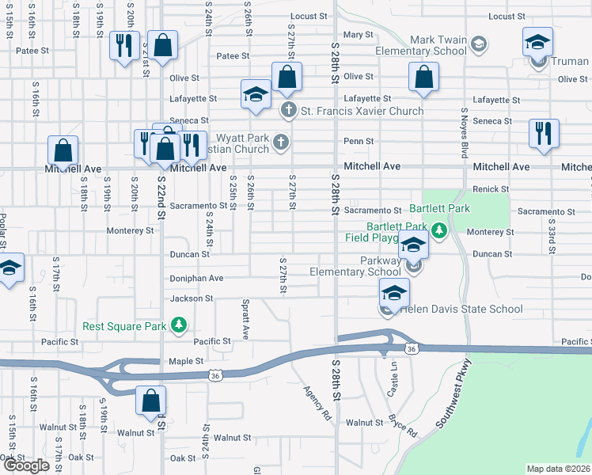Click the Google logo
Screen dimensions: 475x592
click(25, 465)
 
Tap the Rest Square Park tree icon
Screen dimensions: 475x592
click(180, 325)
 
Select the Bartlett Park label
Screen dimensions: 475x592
click(439, 209)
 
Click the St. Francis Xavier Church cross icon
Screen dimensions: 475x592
click(288, 111)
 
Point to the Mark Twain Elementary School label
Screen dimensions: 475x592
click(438, 45)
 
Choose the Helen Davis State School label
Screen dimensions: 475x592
click(461, 309)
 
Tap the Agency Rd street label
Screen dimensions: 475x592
click(317, 401)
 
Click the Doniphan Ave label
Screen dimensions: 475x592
click(196, 279)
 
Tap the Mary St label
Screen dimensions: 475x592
click(358, 35)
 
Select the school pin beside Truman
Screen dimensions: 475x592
click(538, 41)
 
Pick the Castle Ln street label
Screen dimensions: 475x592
click(391, 386)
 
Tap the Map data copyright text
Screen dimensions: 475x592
click(559, 469)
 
